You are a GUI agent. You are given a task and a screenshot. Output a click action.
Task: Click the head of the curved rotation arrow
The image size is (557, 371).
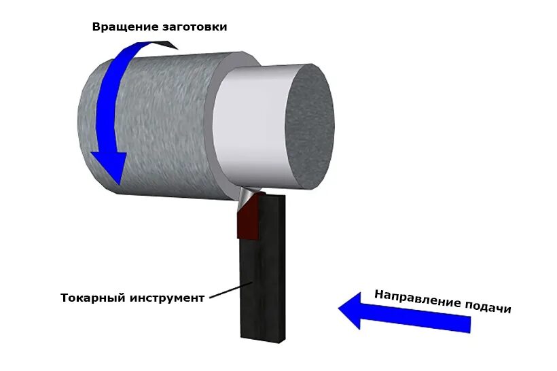coord(109,166)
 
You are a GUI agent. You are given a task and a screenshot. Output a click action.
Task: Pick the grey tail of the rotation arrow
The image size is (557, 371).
coord(163,44)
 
